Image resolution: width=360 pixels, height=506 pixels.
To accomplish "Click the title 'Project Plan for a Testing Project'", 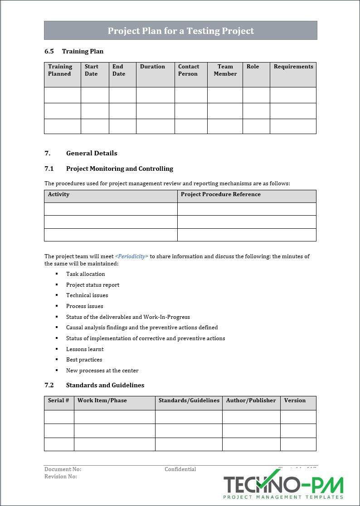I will tap(180, 31).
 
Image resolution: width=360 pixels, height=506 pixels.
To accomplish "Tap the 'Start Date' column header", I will tap(92, 70).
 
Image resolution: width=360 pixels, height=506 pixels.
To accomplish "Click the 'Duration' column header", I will tap(152, 67).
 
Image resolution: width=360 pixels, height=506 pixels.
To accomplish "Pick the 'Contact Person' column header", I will tap(189, 70).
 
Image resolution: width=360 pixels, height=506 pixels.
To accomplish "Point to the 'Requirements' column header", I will tap(293, 67).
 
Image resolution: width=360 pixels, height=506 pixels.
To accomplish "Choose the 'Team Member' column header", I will tap(225, 70).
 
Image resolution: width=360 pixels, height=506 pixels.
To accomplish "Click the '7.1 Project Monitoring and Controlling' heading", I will tap(109, 169).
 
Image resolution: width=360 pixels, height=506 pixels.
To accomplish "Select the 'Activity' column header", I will tap(59, 194).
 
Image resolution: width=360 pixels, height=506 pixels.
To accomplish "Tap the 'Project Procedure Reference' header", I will tap(221, 194).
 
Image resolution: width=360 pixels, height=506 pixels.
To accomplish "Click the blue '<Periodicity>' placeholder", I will tap(131, 256).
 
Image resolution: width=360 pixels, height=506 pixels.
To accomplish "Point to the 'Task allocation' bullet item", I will tap(85, 274).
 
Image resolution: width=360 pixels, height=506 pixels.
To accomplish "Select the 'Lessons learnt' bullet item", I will tap(85, 349).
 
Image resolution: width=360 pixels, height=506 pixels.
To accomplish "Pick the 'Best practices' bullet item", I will tap(84, 360).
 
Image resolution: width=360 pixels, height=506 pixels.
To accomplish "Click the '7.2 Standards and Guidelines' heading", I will tap(94, 385).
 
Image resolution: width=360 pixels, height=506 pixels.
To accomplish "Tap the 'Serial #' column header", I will tap(58, 400).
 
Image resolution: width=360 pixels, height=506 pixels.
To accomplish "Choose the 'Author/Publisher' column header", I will tap(251, 400).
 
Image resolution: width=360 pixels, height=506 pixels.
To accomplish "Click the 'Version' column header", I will tap(295, 400).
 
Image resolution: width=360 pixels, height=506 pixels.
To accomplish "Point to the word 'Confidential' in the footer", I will tap(180, 469).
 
